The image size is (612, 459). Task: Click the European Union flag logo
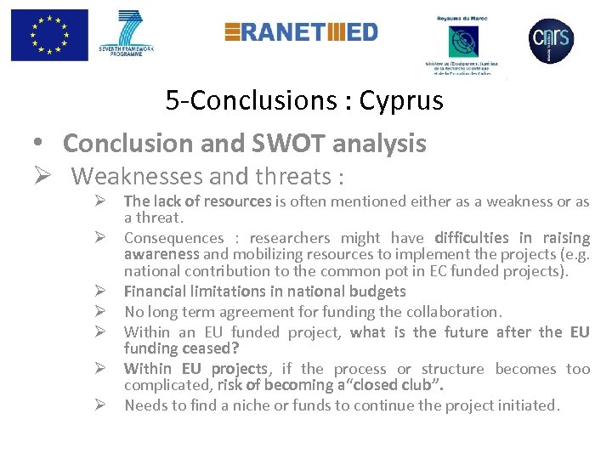pos(49,36)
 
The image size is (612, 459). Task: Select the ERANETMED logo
pos(301,32)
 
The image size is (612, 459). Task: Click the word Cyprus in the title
pos(401,101)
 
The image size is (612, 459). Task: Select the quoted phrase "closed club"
pos(398,385)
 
